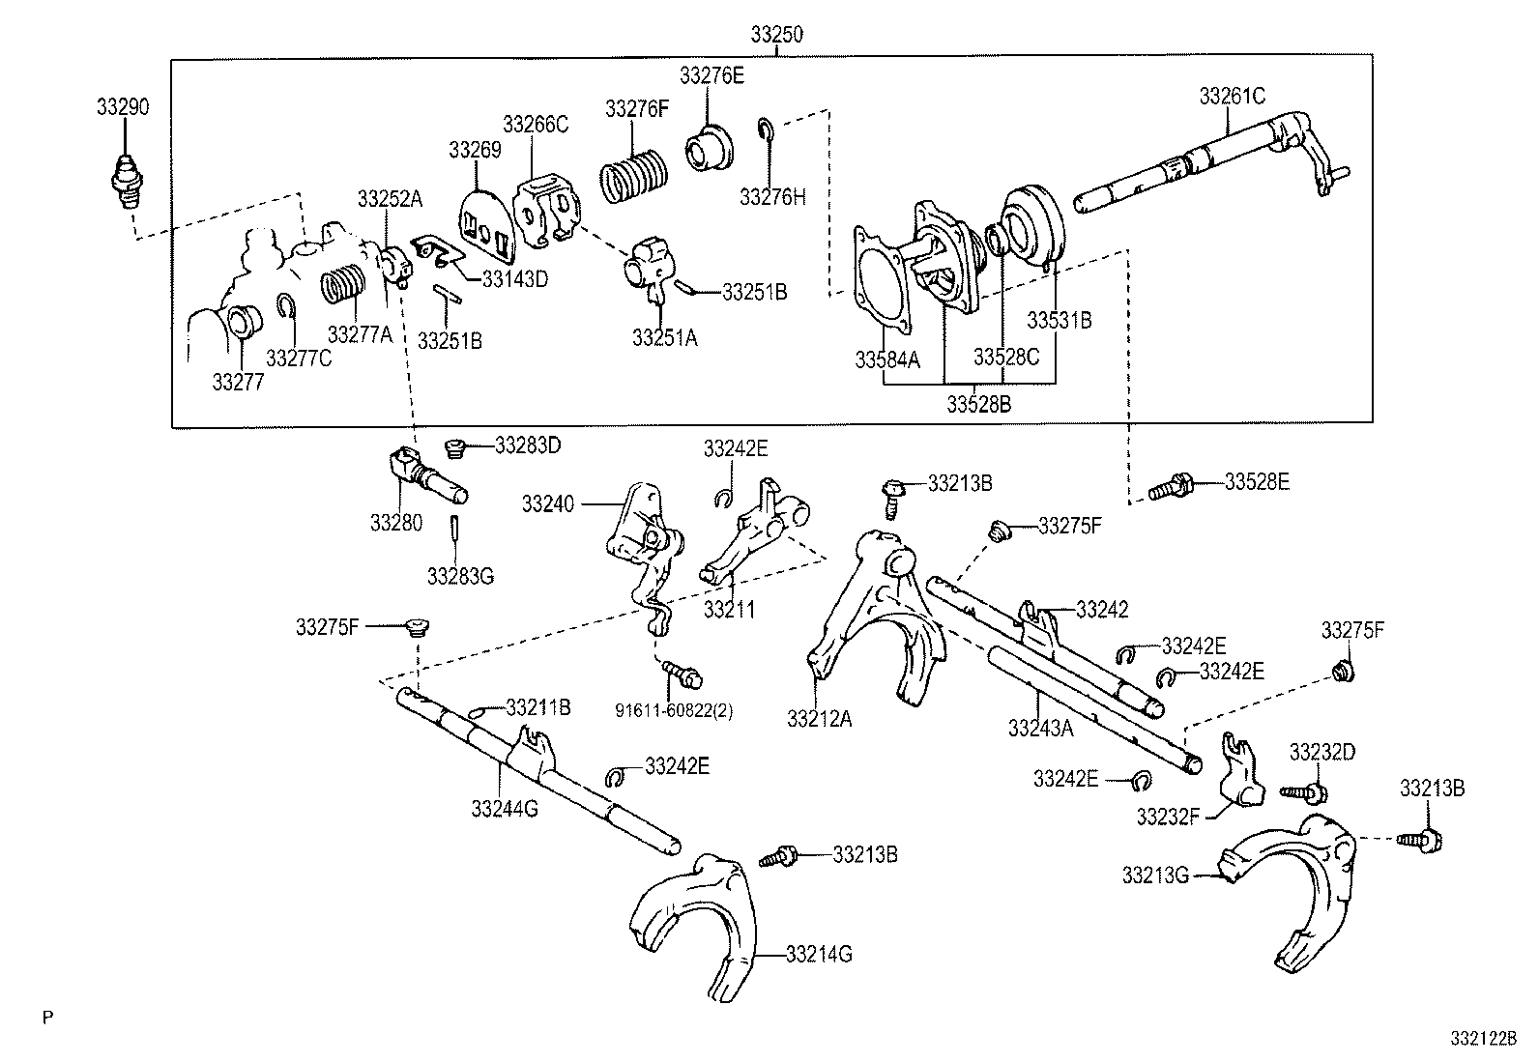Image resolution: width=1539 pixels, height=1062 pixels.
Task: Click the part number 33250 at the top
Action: click(x=776, y=35)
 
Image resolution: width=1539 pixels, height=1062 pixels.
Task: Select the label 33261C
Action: click(x=1232, y=96)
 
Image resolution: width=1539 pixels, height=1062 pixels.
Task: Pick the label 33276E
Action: click(x=711, y=74)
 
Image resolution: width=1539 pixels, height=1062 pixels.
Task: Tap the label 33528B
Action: click(x=978, y=404)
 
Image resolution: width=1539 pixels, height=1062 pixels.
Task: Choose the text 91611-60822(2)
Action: click(x=673, y=710)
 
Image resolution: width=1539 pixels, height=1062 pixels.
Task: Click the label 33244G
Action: click(x=505, y=808)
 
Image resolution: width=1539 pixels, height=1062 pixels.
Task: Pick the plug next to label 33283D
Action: click(x=454, y=448)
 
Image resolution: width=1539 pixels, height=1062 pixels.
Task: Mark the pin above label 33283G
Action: click(x=453, y=530)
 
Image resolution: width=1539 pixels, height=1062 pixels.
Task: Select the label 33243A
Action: click(x=1040, y=728)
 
